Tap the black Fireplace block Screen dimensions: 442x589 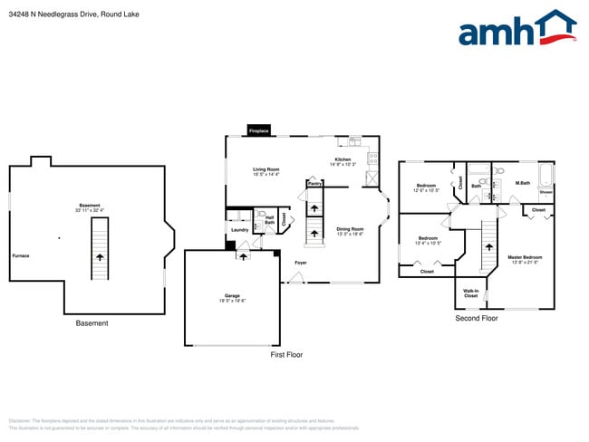point(258,131)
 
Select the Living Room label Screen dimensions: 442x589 point(266,172)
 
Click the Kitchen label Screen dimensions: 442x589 point(343,161)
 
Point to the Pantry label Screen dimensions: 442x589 point(314,183)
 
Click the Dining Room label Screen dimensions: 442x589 point(350,231)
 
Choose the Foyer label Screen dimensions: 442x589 point(300,263)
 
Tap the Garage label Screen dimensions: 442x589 point(232,297)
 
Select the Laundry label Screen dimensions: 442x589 point(239,230)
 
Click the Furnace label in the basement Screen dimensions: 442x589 point(21,255)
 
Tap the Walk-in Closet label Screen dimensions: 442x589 point(470,293)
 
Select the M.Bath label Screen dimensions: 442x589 point(522,184)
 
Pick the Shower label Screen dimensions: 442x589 point(546,192)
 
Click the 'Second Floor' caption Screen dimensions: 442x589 point(477,319)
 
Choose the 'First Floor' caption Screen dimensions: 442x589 point(286,354)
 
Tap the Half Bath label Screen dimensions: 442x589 point(269,219)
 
